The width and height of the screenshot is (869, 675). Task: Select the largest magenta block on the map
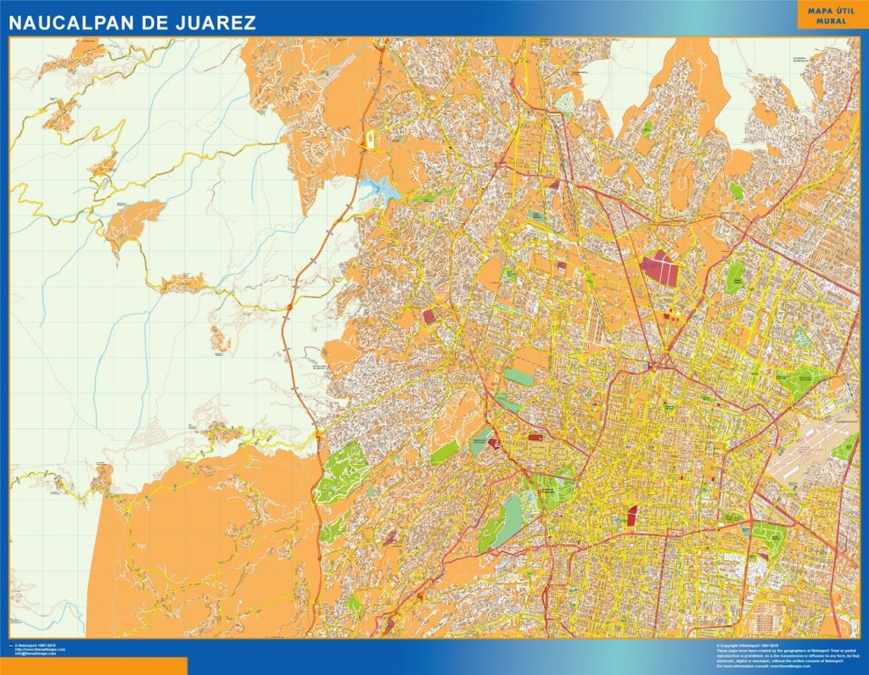(659, 267)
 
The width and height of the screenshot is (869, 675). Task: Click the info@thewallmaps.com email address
(36, 654)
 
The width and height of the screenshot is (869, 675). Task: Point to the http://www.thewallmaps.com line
(39, 650)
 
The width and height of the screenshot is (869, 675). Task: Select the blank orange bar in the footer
(93, 666)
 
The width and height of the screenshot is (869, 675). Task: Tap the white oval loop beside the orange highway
(371, 141)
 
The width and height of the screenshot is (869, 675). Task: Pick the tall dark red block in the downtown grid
(631, 515)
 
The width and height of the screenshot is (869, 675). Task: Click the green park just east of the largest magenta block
(734, 276)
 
